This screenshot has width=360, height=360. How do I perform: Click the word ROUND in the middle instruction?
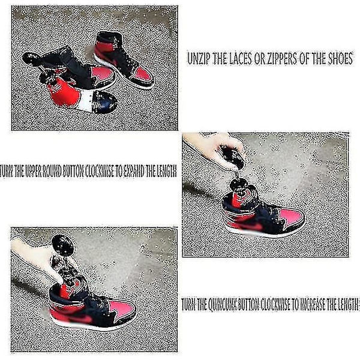(x=51, y=171)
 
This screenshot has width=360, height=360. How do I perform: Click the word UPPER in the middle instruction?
(x=33, y=171)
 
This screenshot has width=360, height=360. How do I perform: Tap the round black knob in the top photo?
(x=31, y=59)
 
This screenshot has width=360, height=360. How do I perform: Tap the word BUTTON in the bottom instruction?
(x=248, y=305)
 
